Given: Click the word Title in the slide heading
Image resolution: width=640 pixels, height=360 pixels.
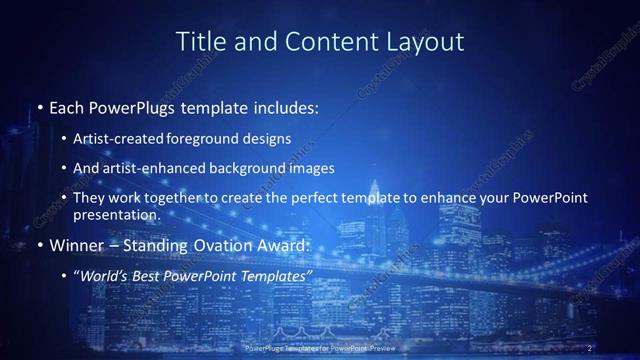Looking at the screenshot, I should pos(198,42).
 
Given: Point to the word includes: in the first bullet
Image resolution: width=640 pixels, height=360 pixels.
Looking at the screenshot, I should pos(285,108).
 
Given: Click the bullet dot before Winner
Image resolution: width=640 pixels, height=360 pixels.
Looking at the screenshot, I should pos(39,245).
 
